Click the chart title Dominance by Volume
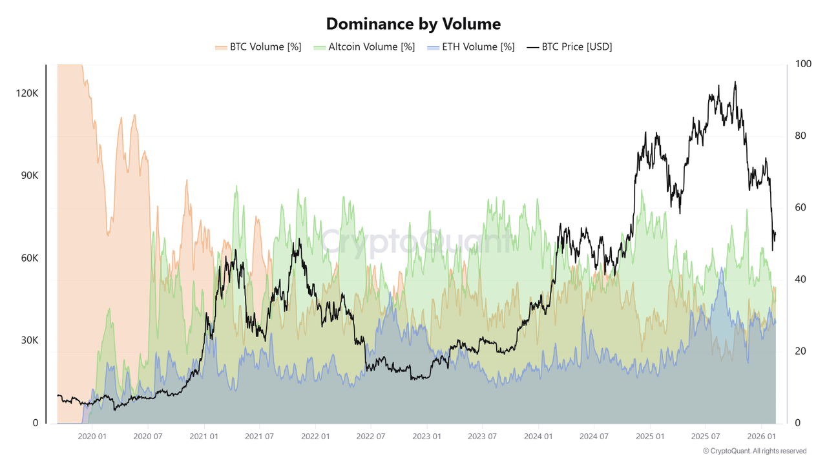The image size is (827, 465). [x=413, y=24]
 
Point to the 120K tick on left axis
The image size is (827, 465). [x=27, y=94]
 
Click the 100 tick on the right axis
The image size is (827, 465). [x=799, y=64]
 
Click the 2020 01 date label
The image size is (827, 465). [x=92, y=437]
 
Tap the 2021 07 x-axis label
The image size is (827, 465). [x=259, y=437]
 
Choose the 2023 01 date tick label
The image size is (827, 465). [x=427, y=437]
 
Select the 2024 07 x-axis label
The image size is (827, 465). [x=594, y=437]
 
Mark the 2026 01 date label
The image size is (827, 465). [x=762, y=437]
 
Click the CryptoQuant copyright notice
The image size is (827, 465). [x=755, y=451]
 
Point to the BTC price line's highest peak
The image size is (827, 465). [x=735, y=82]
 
